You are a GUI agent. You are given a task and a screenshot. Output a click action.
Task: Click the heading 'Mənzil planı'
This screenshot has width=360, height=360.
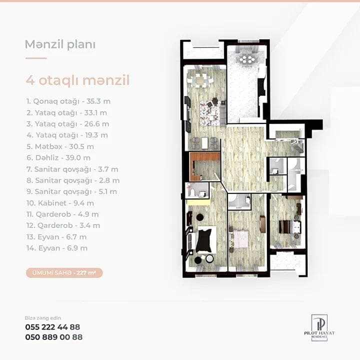click(x=60, y=44)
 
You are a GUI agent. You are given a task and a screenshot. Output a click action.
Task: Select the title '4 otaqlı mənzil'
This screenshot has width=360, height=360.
click(x=77, y=80)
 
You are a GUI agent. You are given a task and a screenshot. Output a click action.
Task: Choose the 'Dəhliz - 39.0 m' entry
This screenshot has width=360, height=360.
click(x=59, y=158)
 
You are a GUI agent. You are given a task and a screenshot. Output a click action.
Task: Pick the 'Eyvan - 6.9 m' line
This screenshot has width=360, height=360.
click(x=57, y=248)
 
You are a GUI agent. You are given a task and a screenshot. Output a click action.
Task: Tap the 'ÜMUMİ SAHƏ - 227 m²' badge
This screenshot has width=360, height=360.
click(x=64, y=273)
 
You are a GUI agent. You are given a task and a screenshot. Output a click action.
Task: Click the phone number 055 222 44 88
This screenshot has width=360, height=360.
click(x=52, y=327)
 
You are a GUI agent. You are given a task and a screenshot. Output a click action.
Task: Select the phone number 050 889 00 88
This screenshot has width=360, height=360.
click(x=53, y=337)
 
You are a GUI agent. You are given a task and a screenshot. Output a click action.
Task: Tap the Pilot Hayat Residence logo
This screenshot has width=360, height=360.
click(x=319, y=327)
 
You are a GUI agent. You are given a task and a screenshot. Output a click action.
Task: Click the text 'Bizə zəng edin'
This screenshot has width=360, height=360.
click(x=43, y=318)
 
